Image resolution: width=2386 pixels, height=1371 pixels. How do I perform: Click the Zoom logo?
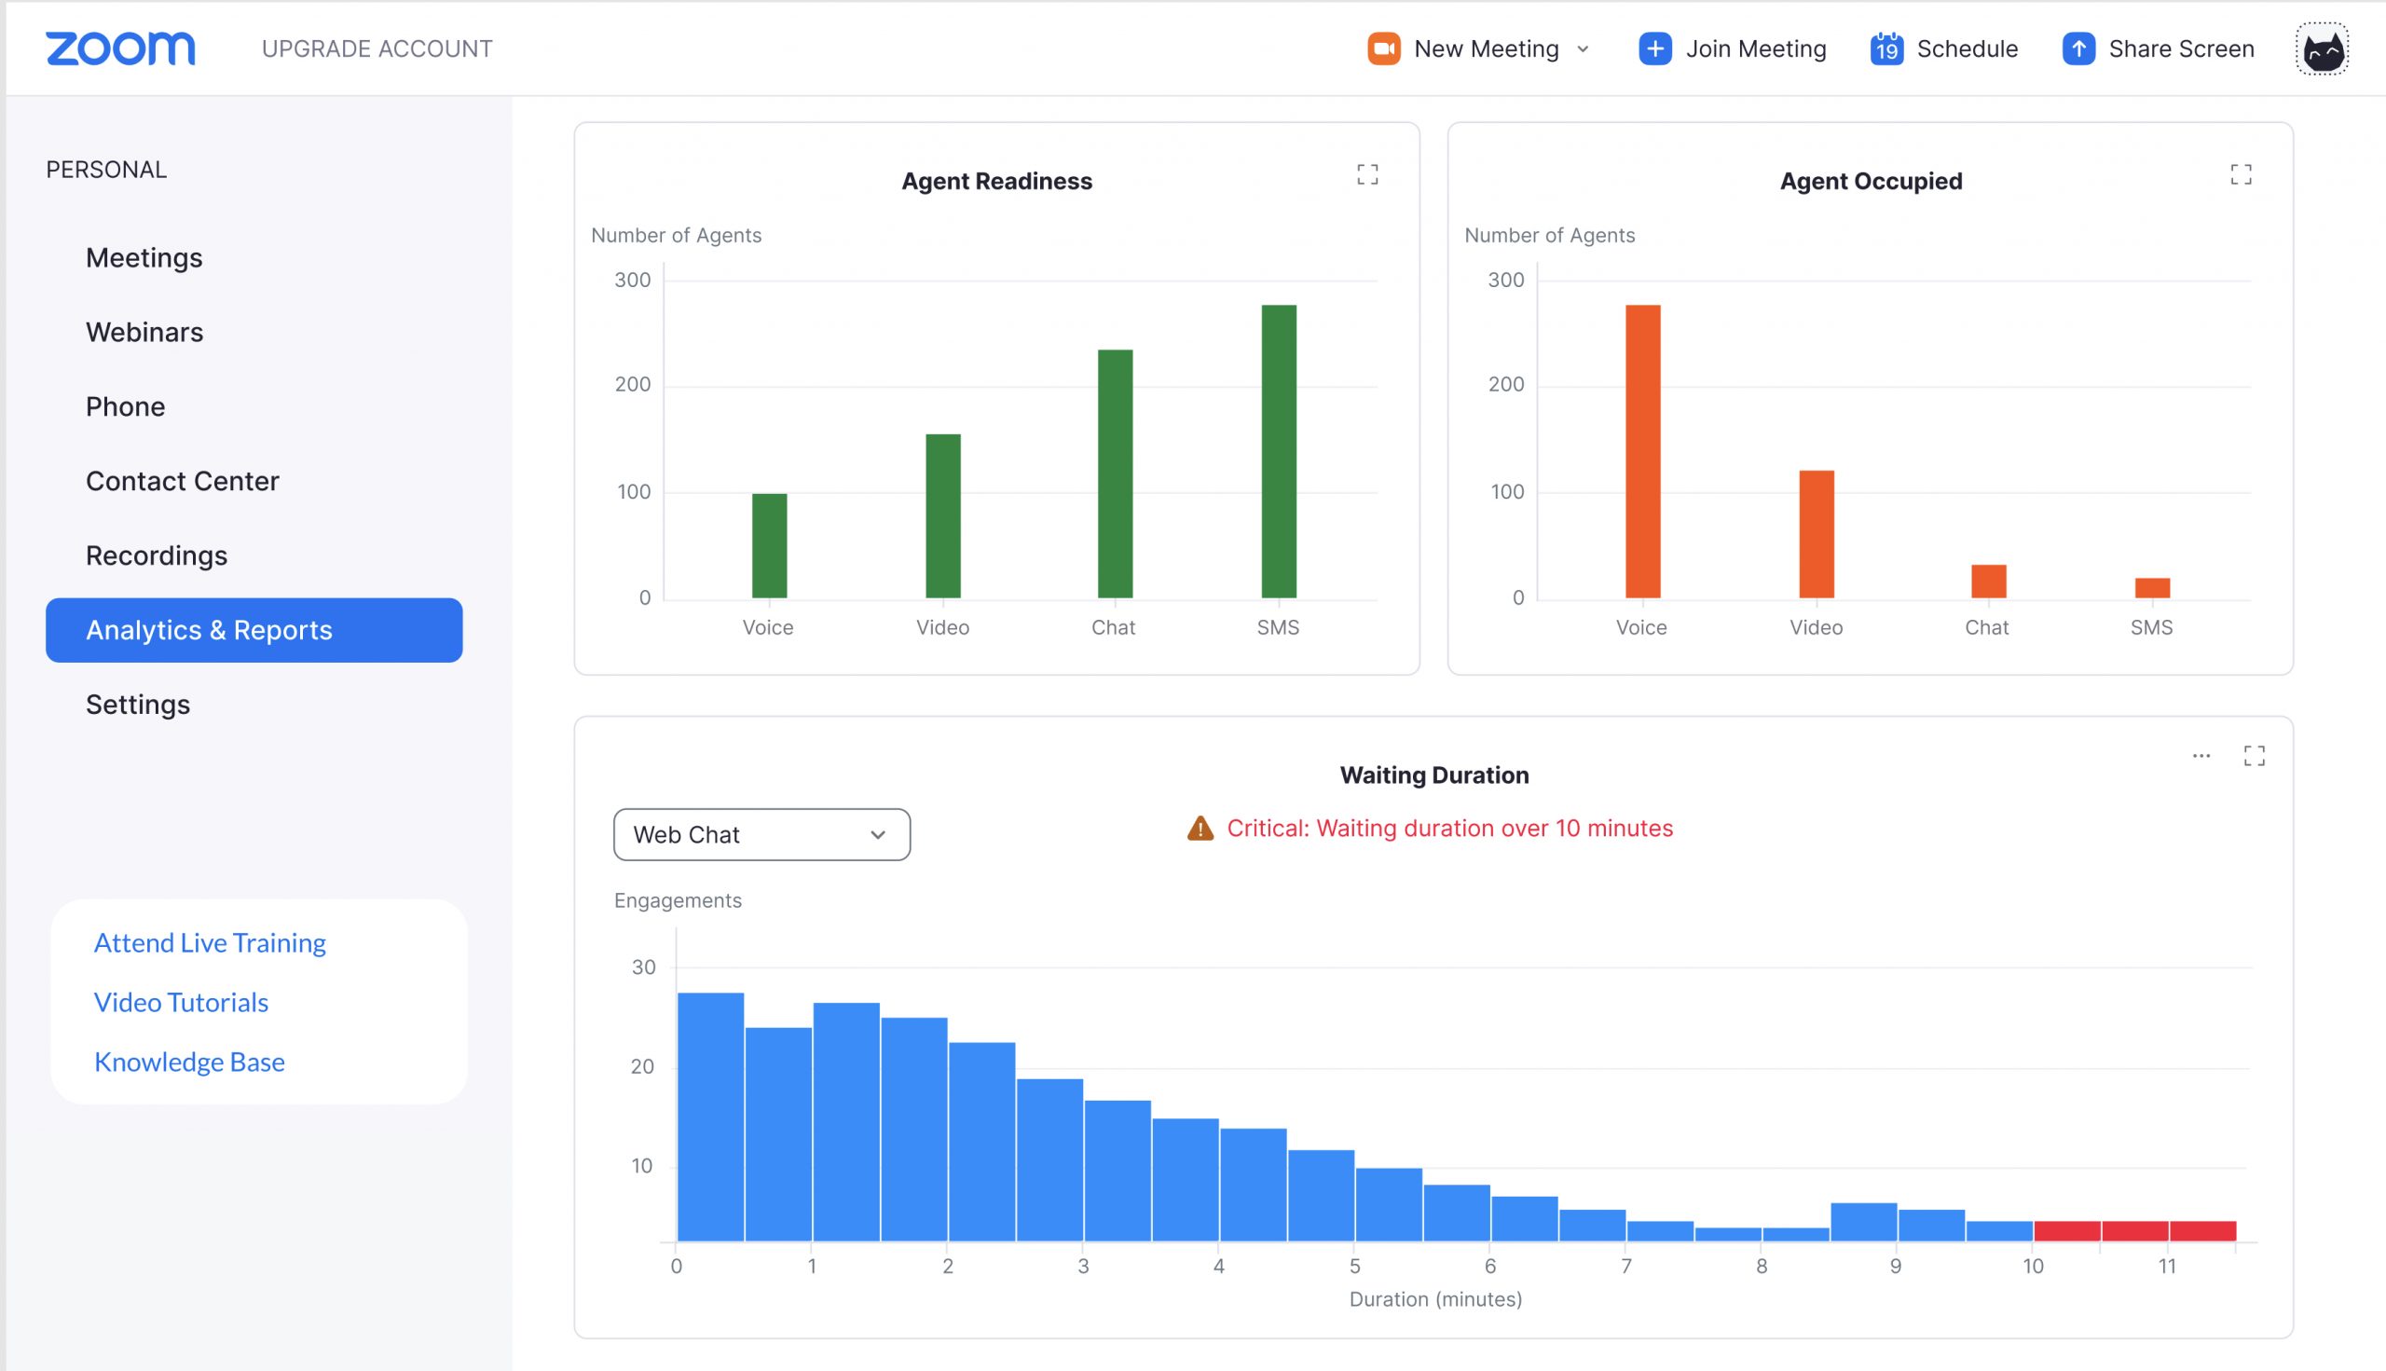pos(120,49)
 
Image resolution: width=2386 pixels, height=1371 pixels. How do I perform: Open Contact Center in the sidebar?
pos(182,481)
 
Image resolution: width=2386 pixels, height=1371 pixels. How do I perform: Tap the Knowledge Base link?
pos(189,1063)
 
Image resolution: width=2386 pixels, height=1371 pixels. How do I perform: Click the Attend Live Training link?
pos(210,942)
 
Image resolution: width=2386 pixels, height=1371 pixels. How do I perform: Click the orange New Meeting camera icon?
pos(1383,49)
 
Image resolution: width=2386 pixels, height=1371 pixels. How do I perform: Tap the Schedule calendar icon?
pos(1886,49)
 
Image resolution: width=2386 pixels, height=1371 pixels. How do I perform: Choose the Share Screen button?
pos(2159,49)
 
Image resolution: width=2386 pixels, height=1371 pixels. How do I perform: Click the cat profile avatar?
pos(2322,49)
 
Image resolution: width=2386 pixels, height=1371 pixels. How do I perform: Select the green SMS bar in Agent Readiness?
pos(1279,451)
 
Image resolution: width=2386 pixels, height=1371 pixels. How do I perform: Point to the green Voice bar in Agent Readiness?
pos(769,545)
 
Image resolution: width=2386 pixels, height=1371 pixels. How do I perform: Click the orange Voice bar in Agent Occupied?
pos(1643,451)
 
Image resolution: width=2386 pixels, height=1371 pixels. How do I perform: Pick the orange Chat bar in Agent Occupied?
pos(1989,581)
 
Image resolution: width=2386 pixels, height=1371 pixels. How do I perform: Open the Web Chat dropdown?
pos(761,834)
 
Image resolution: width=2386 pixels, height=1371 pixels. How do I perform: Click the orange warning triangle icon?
pos(1200,829)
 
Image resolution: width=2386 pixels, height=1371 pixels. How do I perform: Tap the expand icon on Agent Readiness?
pos(1367,174)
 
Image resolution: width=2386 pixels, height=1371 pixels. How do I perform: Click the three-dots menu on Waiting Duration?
pos(2201,756)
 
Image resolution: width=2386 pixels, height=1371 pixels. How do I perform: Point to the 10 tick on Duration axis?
pos(2033,1267)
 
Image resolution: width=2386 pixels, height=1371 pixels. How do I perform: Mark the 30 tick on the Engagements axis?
pos(643,967)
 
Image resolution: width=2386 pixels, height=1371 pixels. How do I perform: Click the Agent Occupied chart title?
pos(1870,181)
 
